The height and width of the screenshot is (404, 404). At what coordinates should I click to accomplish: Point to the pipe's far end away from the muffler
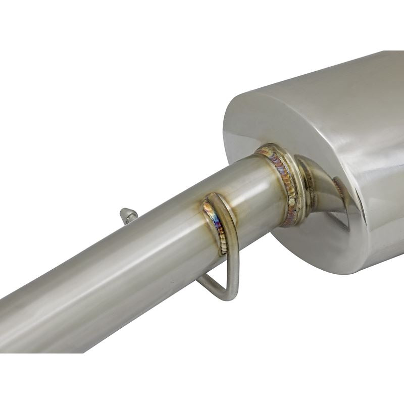click(x=15, y=323)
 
